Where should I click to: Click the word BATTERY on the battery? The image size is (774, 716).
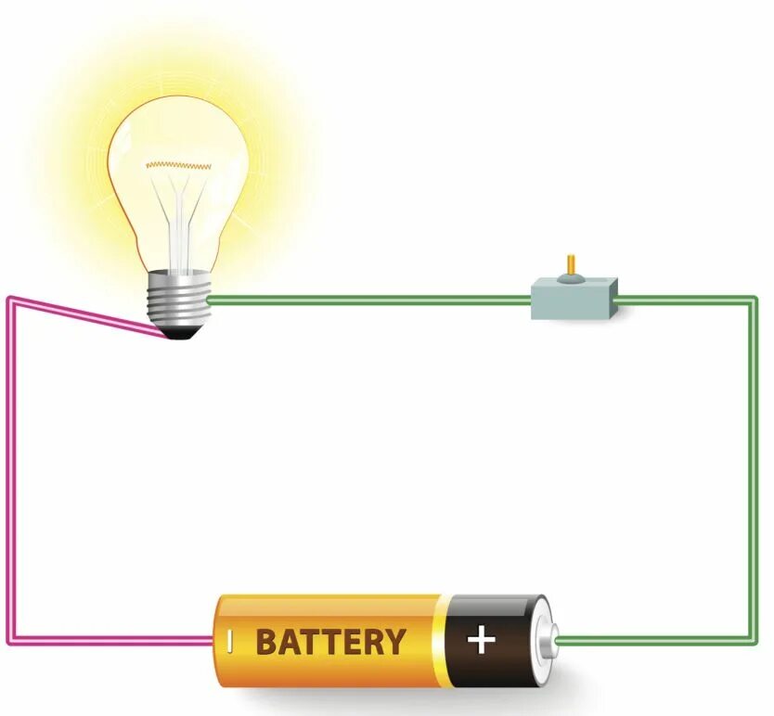tap(330, 642)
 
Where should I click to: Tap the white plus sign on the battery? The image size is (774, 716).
tap(480, 640)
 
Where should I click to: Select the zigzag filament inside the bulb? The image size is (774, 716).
tap(178, 165)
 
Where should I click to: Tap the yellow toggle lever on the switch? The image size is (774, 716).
tap(571, 267)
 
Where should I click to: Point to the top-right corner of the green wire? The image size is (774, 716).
tap(754, 300)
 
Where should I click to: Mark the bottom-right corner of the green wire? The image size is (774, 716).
tap(754, 639)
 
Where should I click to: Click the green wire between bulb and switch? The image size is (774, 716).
tap(371, 300)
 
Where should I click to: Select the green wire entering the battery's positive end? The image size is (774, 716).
tap(650, 639)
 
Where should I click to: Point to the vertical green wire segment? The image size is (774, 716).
tap(754, 464)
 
